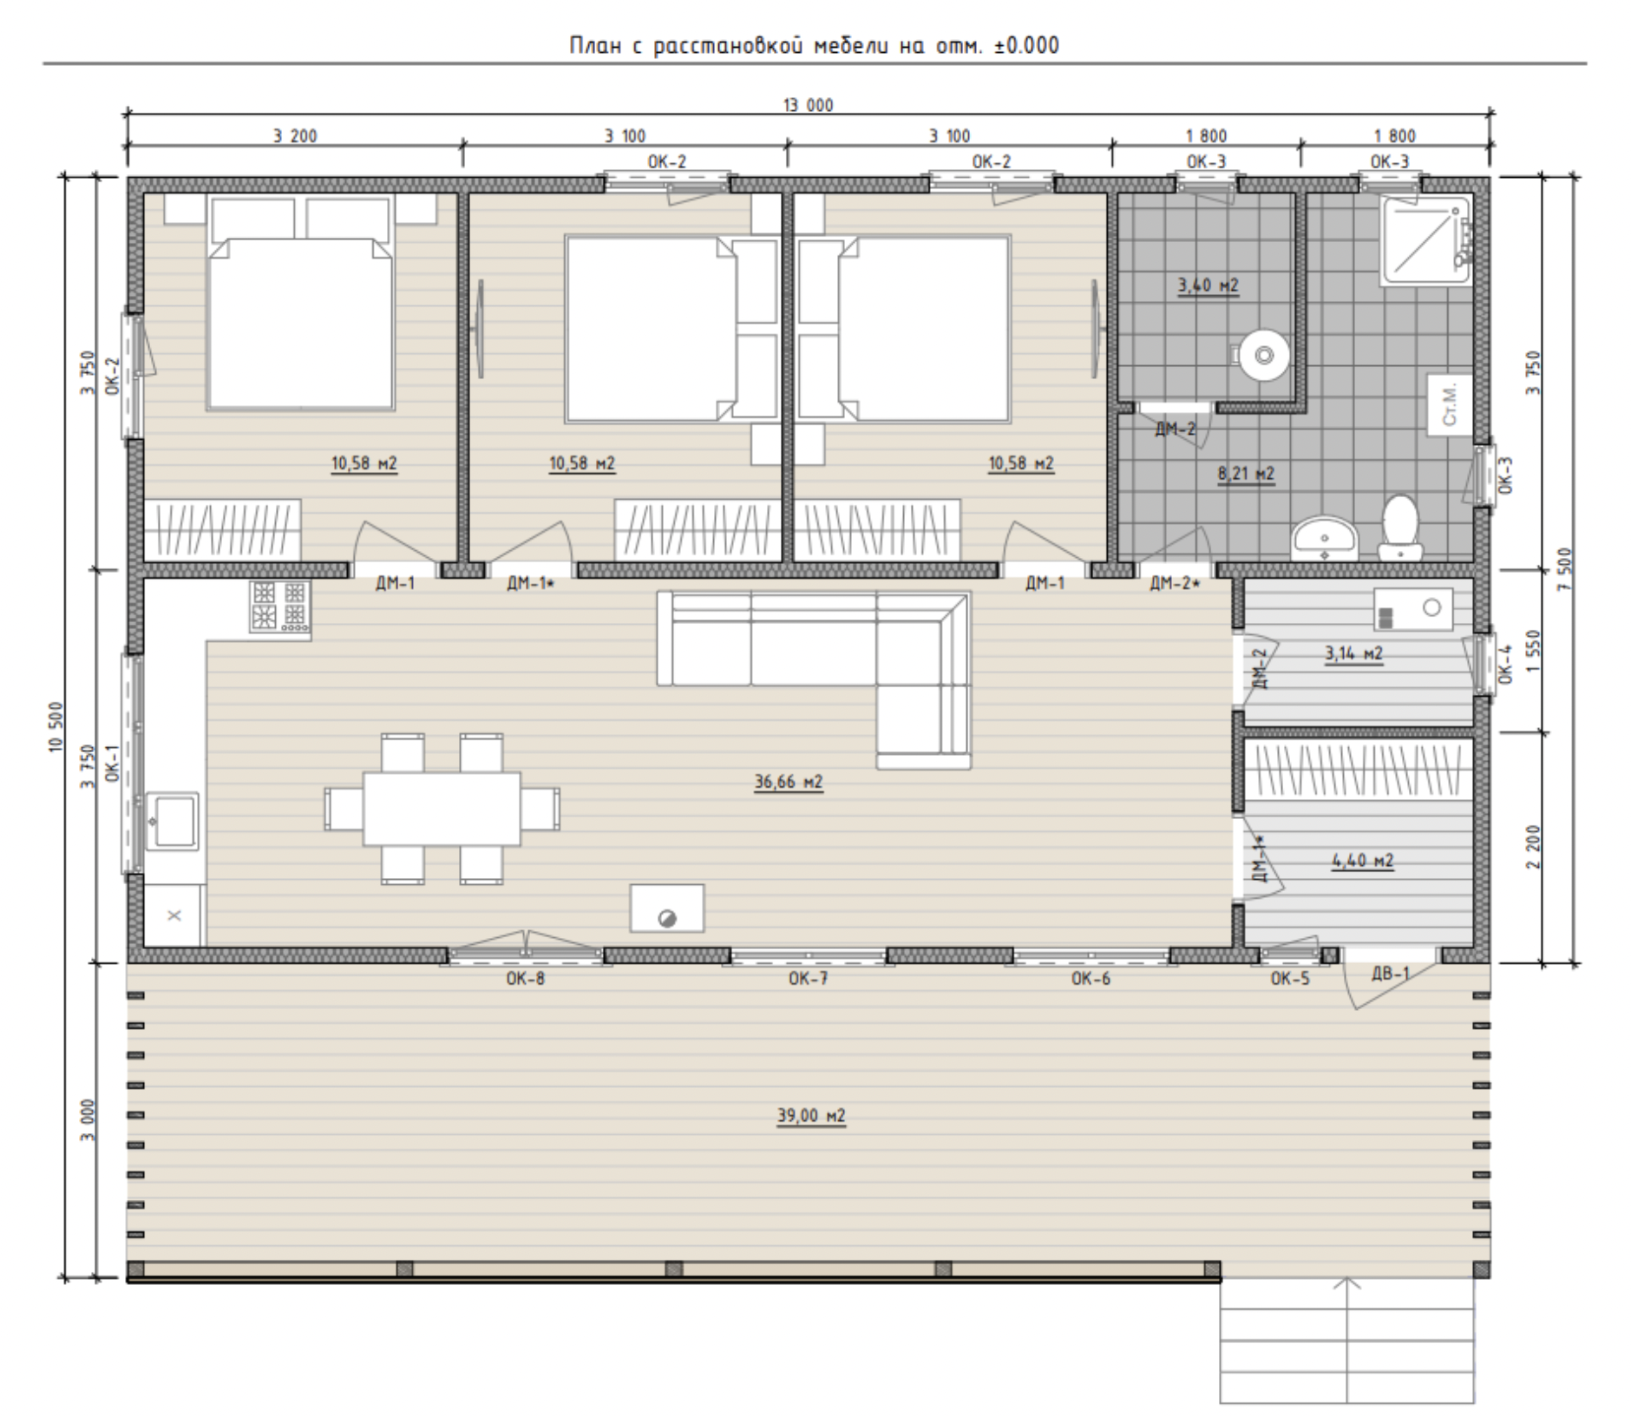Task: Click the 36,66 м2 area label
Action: [788, 782]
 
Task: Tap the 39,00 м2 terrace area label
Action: [810, 1115]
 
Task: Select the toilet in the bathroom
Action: [1399, 528]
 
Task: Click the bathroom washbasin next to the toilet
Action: [1323, 538]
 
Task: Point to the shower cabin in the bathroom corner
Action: [1426, 240]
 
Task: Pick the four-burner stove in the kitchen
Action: [280, 606]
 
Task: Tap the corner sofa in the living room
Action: [814, 659]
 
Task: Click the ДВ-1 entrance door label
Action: [1390, 973]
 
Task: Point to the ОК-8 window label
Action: [525, 980]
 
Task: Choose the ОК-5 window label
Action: [1290, 980]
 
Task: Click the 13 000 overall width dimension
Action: [808, 106]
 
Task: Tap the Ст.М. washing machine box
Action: [1451, 404]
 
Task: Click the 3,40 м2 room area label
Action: [1208, 285]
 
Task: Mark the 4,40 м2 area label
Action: [1362, 861]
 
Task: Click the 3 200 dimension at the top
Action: [295, 136]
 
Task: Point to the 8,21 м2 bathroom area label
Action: [1246, 474]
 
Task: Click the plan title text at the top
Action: [814, 45]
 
